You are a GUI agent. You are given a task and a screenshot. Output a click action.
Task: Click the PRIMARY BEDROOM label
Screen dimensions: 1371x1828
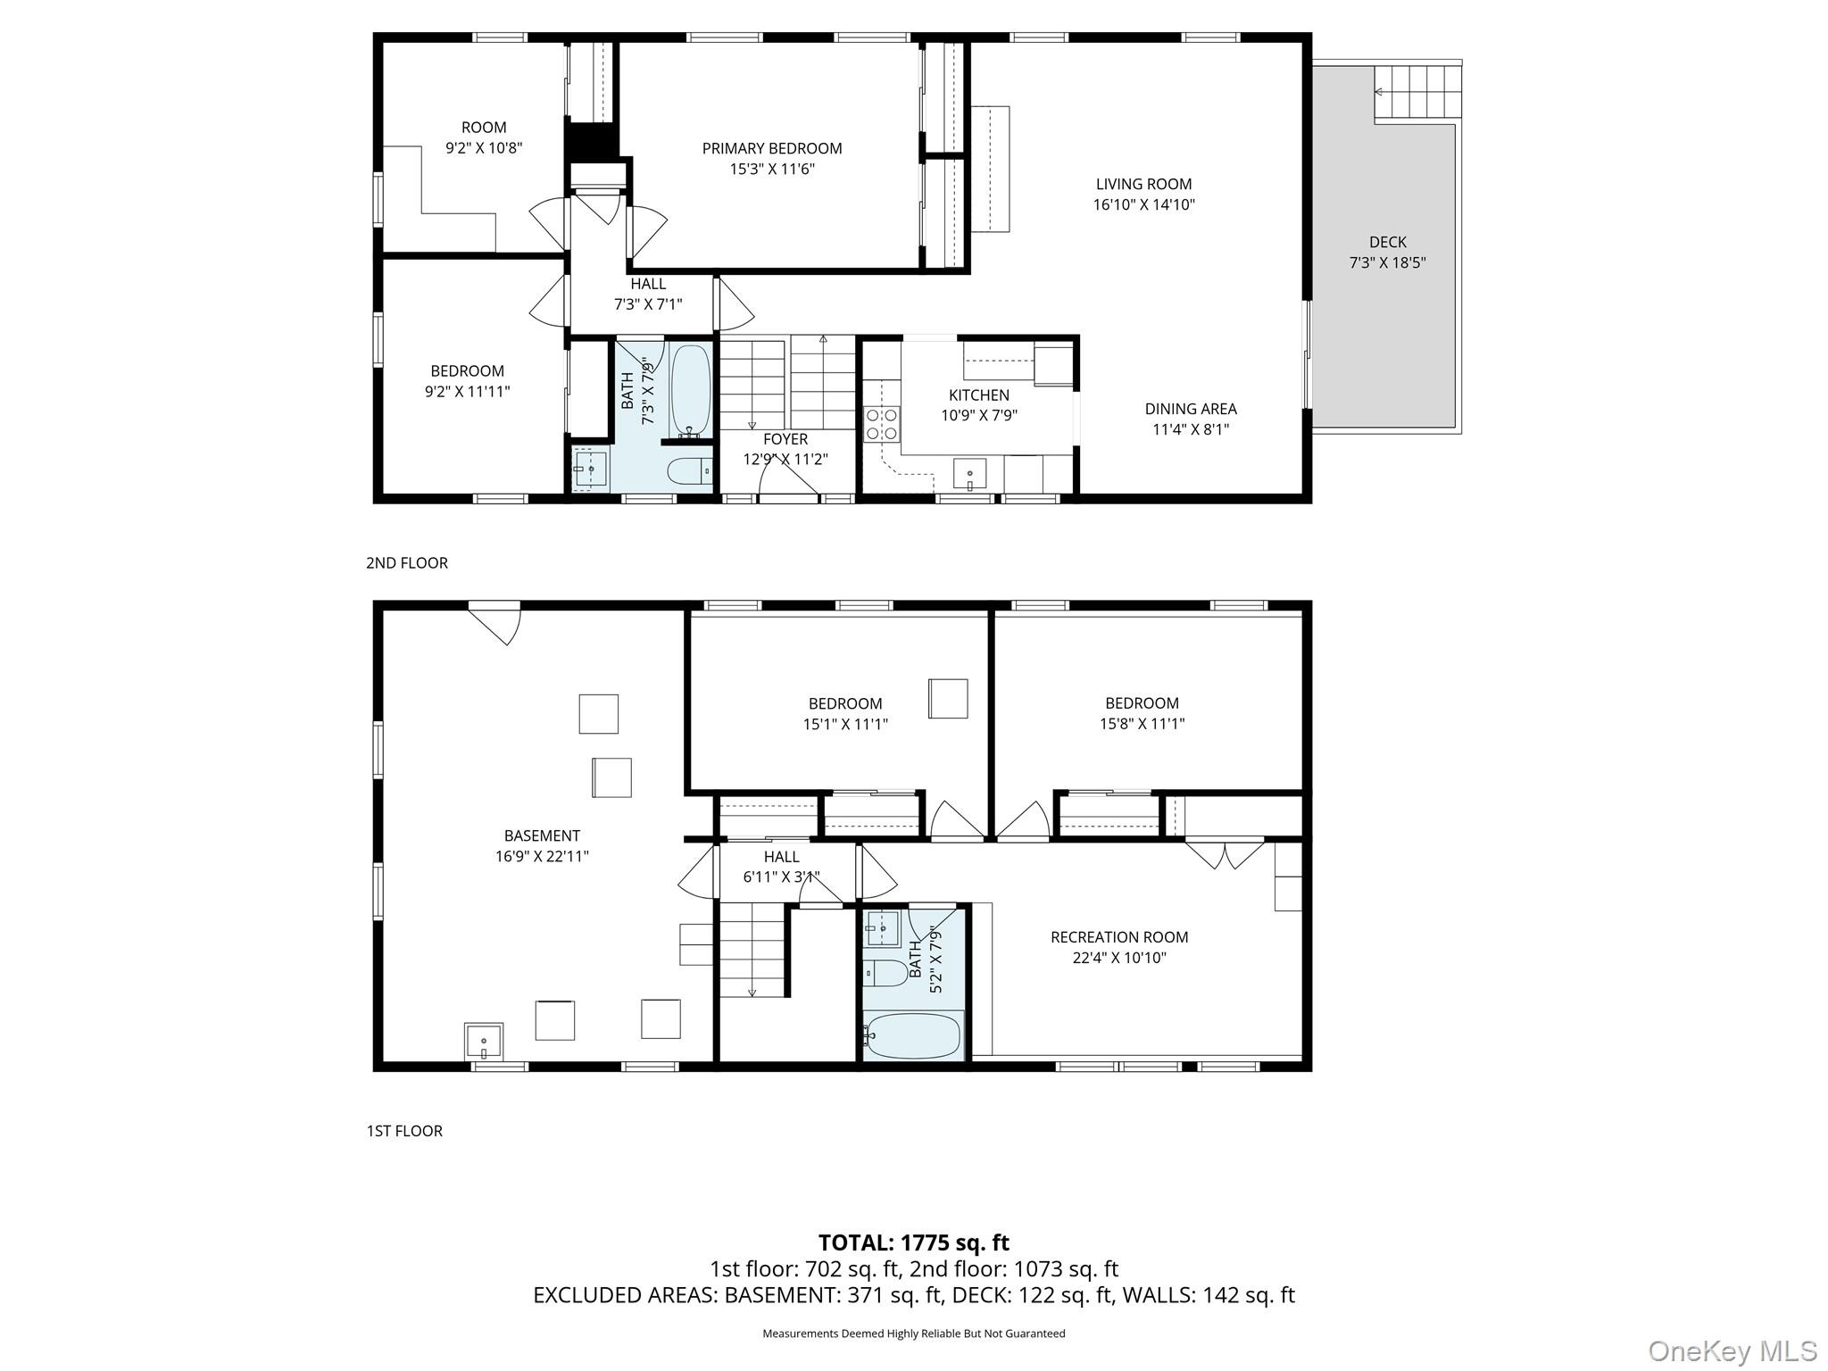pyautogui.click(x=771, y=148)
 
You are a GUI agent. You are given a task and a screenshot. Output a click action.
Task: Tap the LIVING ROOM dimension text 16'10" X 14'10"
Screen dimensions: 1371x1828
pyautogui.click(x=1143, y=204)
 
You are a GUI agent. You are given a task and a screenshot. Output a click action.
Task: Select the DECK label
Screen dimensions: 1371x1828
pyautogui.click(x=1387, y=242)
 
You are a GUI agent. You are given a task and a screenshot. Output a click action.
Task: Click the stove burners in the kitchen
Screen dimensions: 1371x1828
pyautogui.click(x=882, y=424)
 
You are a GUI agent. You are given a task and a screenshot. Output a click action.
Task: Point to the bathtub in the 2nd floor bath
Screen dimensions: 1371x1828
pyautogui.click(x=690, y=391)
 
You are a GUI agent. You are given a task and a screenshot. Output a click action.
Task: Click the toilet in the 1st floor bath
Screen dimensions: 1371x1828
pyautogui.click(x=885, y=972)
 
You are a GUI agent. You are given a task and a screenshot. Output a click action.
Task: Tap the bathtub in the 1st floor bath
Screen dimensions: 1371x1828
pyautogui.click(x=912, y=1035)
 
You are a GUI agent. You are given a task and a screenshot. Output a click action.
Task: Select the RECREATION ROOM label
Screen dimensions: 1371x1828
pyautogui.click(x=1118, y=937)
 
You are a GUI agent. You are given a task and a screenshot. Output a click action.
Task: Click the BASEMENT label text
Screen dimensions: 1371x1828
pyautogui.click(x=542, y=835)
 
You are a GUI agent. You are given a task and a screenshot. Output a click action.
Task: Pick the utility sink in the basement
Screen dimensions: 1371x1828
pyautogui.click(x=483, y=1041)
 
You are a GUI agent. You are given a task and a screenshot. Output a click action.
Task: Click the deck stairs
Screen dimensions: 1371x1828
pyautogui.click(x=1417, y=92)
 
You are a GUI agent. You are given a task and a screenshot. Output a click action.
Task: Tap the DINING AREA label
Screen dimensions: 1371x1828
pyautogui.click(x=1190, y=409)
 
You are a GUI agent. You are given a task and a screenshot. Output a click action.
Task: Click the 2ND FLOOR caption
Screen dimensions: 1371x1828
pyautogui.click(x=407, y=563)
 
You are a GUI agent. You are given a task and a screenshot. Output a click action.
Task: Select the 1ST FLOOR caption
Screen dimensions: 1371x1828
pyautogui.click(x=404, y=1131)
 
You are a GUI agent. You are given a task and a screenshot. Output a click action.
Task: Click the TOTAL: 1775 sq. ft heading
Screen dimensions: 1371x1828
pyautogui.click(x=913, y=1242)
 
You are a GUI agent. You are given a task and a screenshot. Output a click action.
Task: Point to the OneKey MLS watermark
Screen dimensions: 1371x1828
pyautogui.click(x=1732, y=1351)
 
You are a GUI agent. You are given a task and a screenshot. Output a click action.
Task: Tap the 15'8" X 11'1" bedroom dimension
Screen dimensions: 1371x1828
pyautogui.click(x=1142, y=724)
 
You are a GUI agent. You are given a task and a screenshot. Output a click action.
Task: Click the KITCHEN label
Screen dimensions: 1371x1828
pyautogui.click(x=978, y=395)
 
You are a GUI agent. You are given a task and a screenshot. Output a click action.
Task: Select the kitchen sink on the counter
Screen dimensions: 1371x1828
pyautogui.click(x=969, y=474)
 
